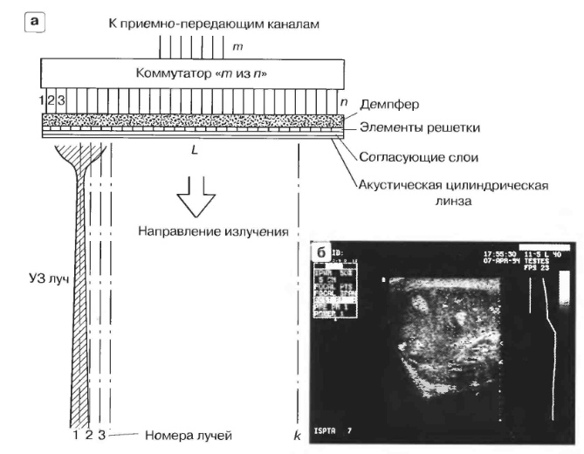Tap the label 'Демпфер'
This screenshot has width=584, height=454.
click(386, 103)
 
